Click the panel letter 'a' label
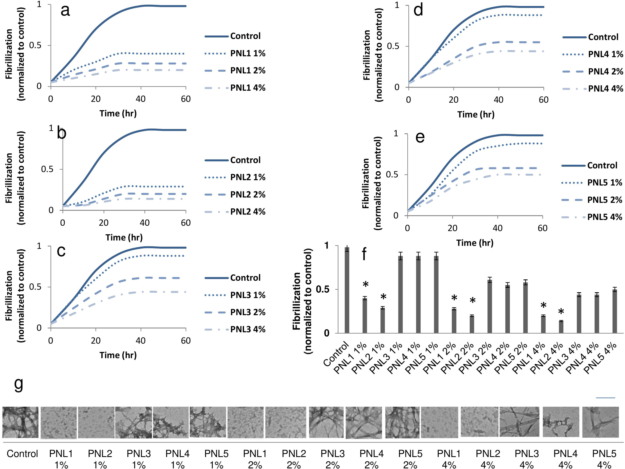click(x=65, y=11)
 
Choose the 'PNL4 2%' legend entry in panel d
click(x=606, y=72)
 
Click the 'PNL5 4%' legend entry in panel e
click(x=605, y=217)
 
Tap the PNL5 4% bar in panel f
click(x=615, y=311)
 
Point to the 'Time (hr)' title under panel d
click(x=476, y=114)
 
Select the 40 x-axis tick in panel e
click(x=498, y=228)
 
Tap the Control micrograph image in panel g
click(x=20, y=422)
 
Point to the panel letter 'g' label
click(x=19, y=384)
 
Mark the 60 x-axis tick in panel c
click(x=186, y=340)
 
